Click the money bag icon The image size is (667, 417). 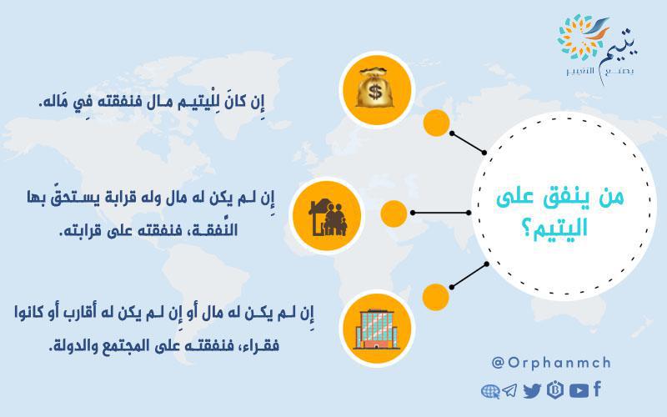point(374,88)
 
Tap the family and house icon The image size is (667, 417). point(328,217)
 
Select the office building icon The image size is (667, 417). point(376,329)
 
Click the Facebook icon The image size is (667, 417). point(597,389)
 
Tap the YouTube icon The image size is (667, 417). point(579,390)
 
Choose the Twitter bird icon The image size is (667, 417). point(532,390)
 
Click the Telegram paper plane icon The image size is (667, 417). point(509,390)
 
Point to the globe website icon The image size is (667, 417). point(490,391)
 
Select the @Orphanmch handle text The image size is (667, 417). point(551,363)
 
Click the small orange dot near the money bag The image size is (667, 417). point(436,123)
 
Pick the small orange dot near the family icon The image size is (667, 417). point(394,214)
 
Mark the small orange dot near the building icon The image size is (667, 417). point(435,297)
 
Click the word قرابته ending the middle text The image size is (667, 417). point(78,231)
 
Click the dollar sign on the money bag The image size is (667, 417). point(374,92)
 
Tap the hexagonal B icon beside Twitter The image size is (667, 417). point(555,389)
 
